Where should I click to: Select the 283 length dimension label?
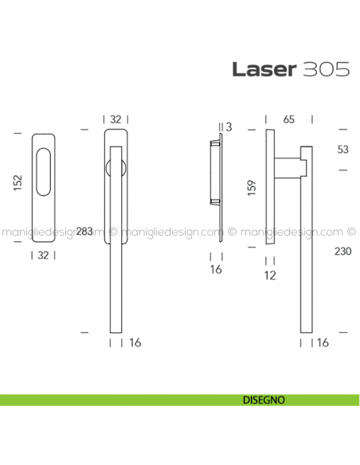pyautogui.click(x=85, y=232)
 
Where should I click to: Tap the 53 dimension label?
pyautogui.click(x=343, y=149)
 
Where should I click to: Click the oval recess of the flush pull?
pyautogui.click(x=45, y=176)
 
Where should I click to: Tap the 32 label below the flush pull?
pyautogui.click(x=45, y=255)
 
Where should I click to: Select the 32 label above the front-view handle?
pyautogui.click(x=115, y=119)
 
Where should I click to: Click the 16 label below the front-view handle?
pyautogui.click(x=135, y=342)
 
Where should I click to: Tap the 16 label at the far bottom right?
pyautogui.click(x=323, y=342)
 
